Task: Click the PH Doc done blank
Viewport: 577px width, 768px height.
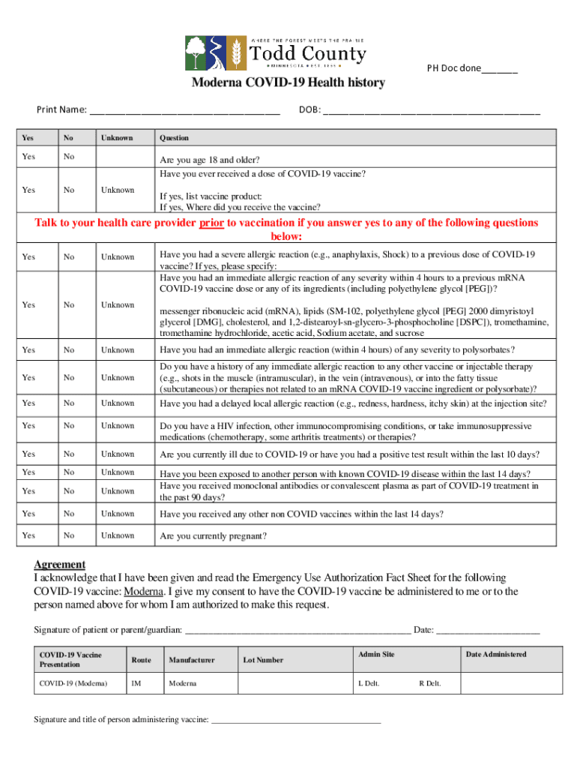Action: tap(499, 69)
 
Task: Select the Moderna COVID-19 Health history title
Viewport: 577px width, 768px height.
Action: tap(288, 82)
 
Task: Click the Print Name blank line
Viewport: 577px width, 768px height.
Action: tap(185, 112)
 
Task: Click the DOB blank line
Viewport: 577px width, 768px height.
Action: tap(432, 112)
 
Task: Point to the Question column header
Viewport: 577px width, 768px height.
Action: tap(174, 138)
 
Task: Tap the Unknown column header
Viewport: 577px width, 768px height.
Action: tap(117, 138)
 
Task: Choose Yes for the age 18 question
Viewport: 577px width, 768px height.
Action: tap(28, 157)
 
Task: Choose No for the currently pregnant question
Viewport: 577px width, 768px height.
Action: tap(69, 535)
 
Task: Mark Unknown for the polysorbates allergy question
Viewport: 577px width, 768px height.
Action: tap(118, 350)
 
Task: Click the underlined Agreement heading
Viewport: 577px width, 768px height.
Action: tap(60, 564)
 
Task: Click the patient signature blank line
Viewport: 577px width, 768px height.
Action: tap(297, 630)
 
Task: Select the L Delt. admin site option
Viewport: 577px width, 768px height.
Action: tap(369, 683)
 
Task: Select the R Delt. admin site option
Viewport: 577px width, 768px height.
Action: tap(429, 683)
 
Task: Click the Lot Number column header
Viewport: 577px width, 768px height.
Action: tap(263, 660)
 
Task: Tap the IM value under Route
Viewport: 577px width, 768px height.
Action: tap(136, 683)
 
